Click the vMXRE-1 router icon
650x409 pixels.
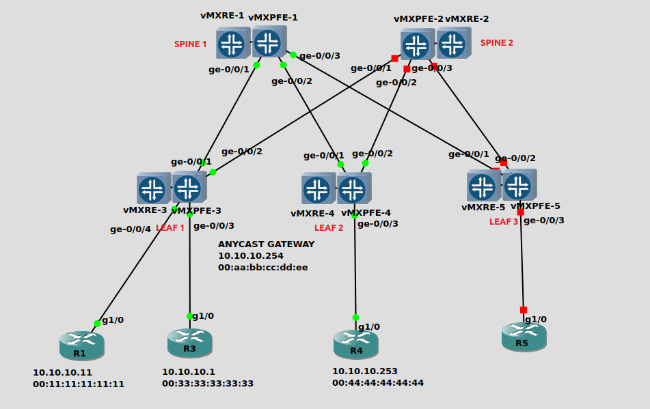[x=232, y=44]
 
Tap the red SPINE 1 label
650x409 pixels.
[x=190, y=44]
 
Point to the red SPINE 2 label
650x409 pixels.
[x=496, y=43]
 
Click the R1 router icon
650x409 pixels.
[x=81, y=345]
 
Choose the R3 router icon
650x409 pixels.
[x=189, y=341]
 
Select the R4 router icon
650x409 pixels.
[x=355, y=343]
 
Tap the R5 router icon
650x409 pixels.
[x=523, y=336]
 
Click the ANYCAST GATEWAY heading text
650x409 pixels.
[x=266, y=244]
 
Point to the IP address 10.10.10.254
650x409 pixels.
[x=250, y=255]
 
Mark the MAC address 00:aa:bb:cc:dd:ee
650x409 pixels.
[x=262, y=267]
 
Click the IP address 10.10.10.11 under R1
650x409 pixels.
[x=62, y=373]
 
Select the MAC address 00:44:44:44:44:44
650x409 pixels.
[x=378, y=383]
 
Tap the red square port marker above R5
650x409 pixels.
[x=524, y=310]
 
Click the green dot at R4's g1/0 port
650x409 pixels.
[x=355, y=318]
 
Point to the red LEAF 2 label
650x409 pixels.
[x=329, y=228]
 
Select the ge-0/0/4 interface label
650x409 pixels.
[x=130, y=229]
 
